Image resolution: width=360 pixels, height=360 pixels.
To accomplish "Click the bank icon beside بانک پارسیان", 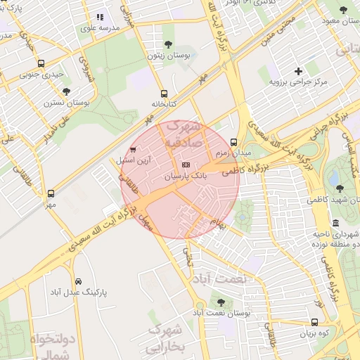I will click(x=185, y=164).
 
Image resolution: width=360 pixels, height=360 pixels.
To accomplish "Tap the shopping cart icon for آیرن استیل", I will click(x=133, y=149).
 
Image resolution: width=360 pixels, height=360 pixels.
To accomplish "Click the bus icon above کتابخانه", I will click(x=164, y=93).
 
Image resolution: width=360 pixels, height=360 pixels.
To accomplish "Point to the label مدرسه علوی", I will click(x=100, y=27).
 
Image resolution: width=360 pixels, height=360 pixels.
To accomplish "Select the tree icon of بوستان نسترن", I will click(x=66, y=91).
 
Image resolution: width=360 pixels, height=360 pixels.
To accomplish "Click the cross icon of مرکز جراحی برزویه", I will click(x=298, y=71).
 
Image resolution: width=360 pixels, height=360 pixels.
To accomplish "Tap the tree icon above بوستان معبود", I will click(x=343, y=10).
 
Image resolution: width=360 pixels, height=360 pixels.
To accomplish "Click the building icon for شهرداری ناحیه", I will click(x=335, y=223).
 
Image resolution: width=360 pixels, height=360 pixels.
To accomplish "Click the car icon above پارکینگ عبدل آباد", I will click(x=77, y=279).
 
